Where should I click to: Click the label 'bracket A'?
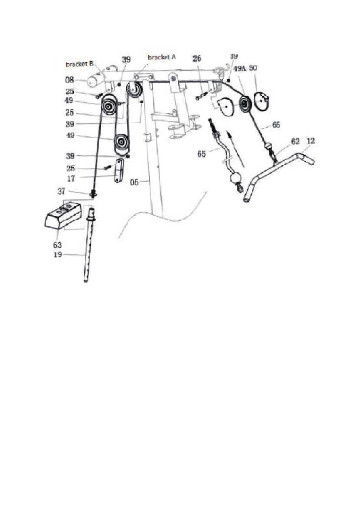[162, 57]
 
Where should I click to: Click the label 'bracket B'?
[79, 64]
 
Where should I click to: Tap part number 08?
[70, 80]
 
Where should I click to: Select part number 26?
[197, 59]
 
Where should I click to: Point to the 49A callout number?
[240, 69]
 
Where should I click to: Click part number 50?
[253, 68]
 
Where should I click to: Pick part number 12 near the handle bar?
[310, 141]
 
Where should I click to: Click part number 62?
[295, 141]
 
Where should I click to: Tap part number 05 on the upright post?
[135, 182]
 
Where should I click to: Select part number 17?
[71, 178]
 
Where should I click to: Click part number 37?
[61, 191]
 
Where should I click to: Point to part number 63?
[57, 245]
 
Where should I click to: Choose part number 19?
[58, 254]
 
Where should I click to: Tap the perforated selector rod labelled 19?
[89, 250]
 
